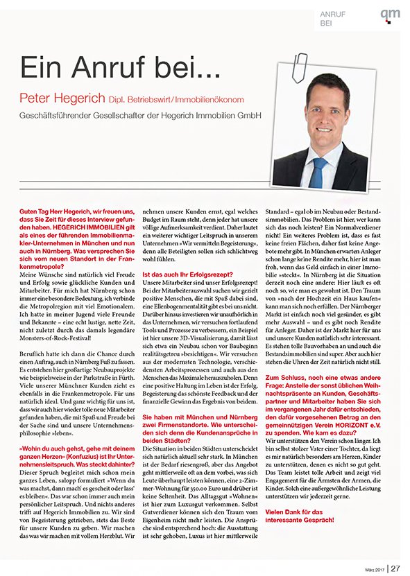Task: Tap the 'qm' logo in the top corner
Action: [x=390, y=15]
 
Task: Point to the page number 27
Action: [x=395, y=567]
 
